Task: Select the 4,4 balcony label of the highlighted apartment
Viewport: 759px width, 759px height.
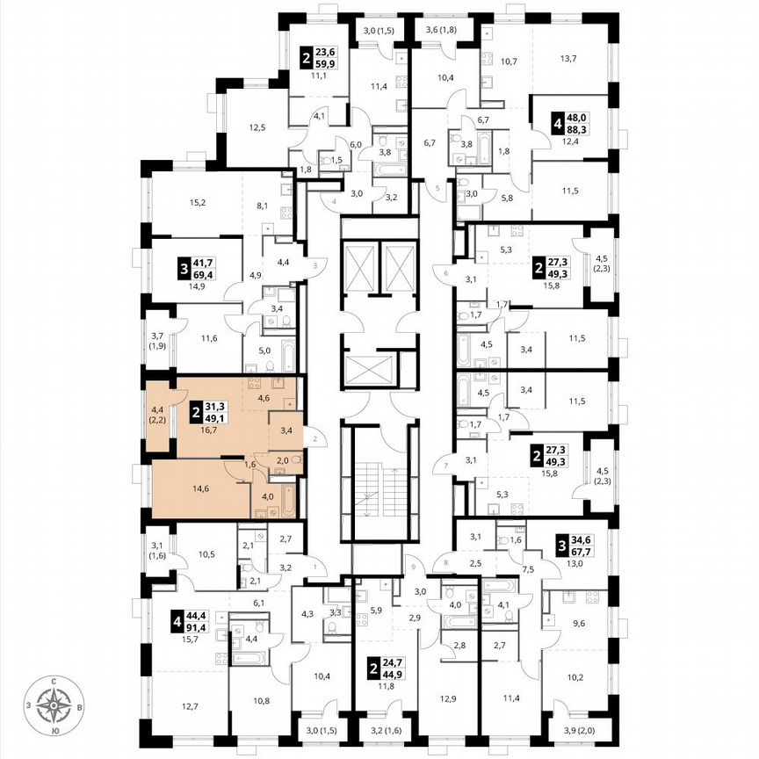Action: click(x=159, y=409)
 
